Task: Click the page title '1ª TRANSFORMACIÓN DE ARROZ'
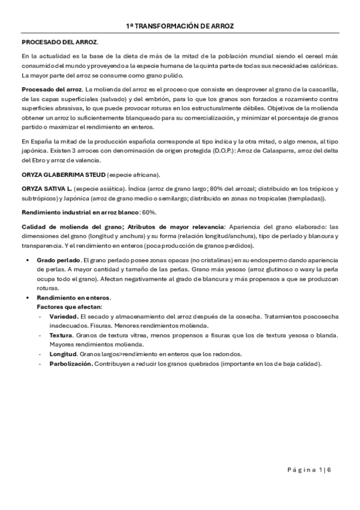(180, 26)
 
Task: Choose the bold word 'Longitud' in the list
(63, 354)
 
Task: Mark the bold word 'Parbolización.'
(70, 363)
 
